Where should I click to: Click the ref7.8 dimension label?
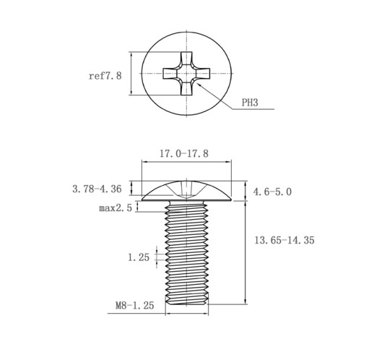(105, 76)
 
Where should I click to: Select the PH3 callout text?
(250, 103)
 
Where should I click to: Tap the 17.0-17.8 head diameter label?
(184, 154)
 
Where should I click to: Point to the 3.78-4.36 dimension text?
(97, 189)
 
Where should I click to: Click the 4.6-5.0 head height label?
(272, 192)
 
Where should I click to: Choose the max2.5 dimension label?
(116, 207)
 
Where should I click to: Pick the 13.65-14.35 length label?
(284, 240)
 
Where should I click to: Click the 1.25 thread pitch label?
(139, 257)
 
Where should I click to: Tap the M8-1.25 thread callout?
(134, 306)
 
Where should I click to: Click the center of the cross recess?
(186, 73)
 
